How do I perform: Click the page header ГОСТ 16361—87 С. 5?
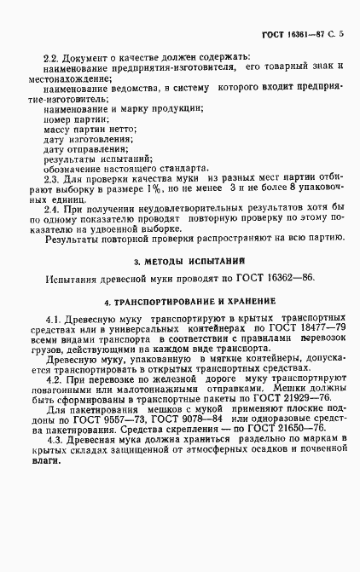coord(294,33)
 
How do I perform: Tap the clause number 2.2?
coord(52,56)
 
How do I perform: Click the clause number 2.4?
coord(52,210)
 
